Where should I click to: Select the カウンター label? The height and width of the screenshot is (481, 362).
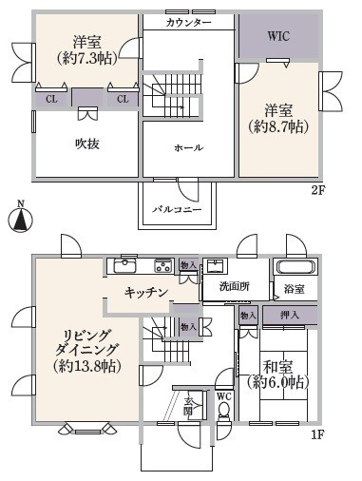tap(188, 21)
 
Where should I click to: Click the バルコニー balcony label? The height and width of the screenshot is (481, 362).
tap(177, 209)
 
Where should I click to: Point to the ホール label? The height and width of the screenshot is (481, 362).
tap(187, 149)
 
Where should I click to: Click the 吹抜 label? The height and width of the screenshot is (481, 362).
tap(87, 144)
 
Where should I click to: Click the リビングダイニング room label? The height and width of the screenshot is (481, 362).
tap(86, 348)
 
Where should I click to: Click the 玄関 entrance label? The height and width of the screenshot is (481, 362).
tap(188, 406)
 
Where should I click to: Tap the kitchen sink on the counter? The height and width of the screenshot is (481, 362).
tap(126, 265)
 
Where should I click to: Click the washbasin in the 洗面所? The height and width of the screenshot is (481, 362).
tap(215, 266)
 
